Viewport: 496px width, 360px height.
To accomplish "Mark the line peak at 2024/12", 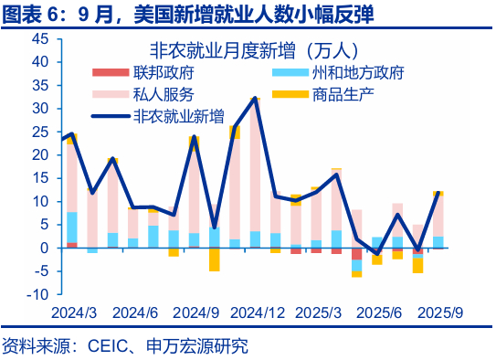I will (255, 98).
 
